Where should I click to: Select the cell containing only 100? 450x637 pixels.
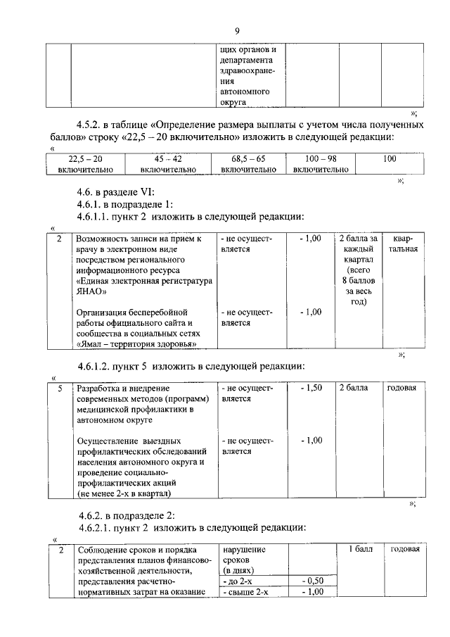tap(390, 159)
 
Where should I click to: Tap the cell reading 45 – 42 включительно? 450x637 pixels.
tap(168, 164)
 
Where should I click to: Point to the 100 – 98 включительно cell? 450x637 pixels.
tap(321, 164)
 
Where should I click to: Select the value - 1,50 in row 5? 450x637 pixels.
tap(310, 388)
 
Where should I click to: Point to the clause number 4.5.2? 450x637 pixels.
tap(94, 125)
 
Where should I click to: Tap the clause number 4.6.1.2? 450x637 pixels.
tap(99, 367)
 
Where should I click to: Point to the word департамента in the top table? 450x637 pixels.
tap(247, 61)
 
